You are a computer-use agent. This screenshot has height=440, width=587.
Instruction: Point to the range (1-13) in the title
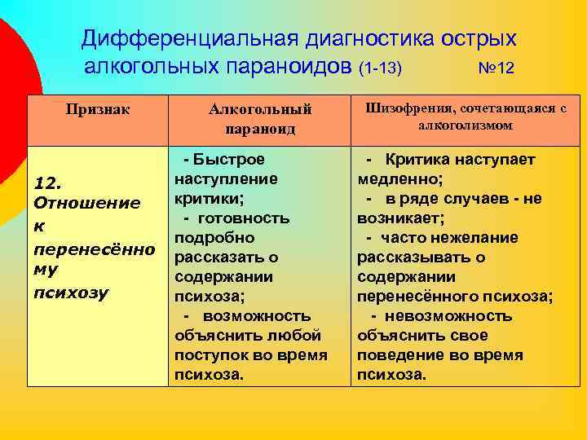click(380, 68)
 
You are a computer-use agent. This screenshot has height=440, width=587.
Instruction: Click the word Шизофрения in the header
click(411, 108)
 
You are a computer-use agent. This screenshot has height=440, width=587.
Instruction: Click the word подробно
click(214, 238)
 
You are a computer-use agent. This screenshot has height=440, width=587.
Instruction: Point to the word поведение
click(399, 355)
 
